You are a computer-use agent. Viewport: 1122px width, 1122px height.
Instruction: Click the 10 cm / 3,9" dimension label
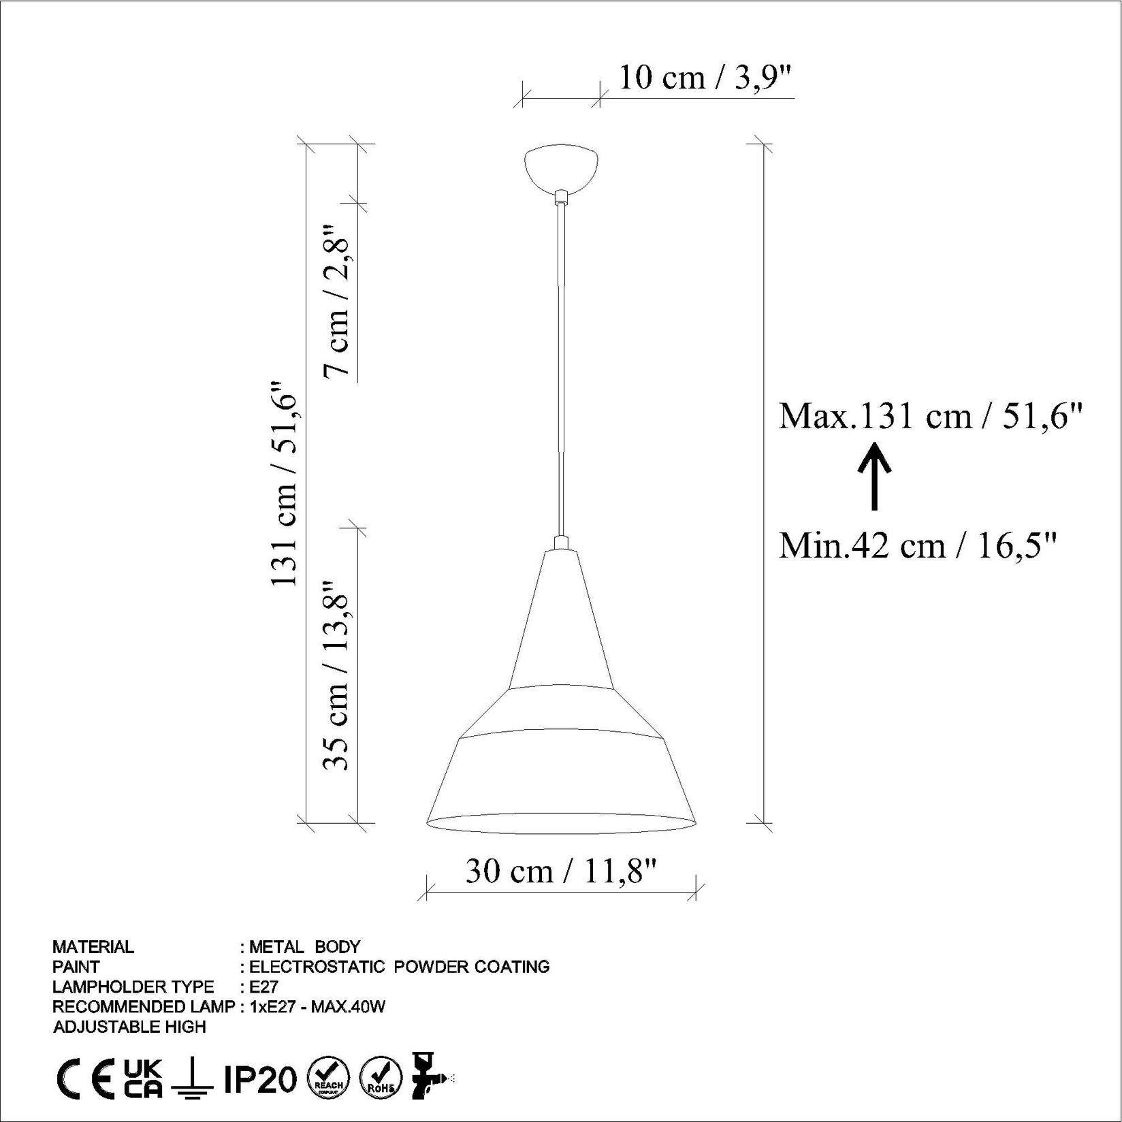705,78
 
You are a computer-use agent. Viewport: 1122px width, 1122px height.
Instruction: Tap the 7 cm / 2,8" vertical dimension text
337,300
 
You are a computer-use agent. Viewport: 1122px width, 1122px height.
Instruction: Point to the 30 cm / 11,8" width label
561,871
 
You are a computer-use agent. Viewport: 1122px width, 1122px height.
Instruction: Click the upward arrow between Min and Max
874,476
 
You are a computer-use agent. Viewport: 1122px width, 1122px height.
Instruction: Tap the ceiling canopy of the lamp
561,166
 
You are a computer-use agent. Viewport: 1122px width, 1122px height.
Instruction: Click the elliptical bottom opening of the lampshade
561,823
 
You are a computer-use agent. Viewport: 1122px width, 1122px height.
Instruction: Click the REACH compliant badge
328,1078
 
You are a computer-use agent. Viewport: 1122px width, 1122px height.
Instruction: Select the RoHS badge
381,1078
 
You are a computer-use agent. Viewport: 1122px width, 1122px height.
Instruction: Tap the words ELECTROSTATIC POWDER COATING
399,967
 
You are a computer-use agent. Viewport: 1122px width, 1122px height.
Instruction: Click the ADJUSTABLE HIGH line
129,1027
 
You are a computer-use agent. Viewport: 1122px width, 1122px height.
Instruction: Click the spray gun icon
429,1076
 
